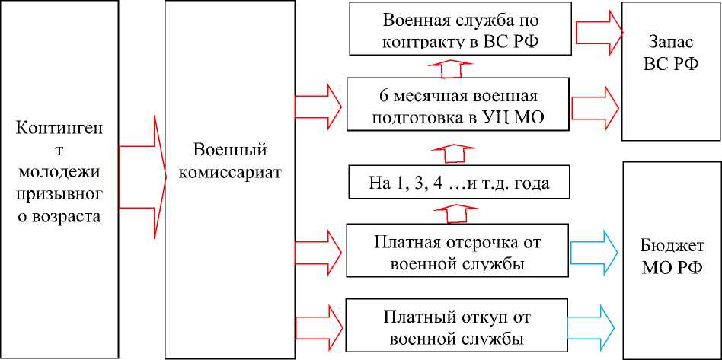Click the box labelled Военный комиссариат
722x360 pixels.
[x=230, y=179]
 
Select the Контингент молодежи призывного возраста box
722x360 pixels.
[x=59, y=179]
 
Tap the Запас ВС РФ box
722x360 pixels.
[x=671, y=71]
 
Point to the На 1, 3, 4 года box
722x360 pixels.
[x=458, y=183]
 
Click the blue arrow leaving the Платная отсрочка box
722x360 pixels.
[x=595, y=248]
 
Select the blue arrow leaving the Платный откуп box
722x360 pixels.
[x=595, y=323]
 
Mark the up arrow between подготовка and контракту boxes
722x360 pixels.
[x=452, y=66]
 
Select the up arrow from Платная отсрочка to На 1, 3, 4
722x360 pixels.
[x=455, y=213]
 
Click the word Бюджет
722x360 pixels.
[x=671, y=248]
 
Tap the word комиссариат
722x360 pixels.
[x=230, y=172]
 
